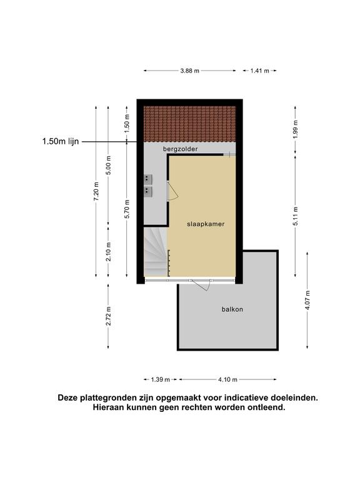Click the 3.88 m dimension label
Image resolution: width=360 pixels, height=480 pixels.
189,71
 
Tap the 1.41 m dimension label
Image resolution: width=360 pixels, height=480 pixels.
259,71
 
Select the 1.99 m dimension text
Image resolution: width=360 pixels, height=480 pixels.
296,129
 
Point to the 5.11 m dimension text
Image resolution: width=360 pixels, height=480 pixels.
296,216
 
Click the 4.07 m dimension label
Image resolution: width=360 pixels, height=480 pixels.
307,300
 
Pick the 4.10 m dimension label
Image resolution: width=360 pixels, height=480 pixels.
227,379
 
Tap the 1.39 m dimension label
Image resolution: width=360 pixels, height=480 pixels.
160,379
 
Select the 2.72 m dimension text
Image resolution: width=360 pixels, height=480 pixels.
108,316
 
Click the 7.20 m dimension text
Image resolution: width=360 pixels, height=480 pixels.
96,192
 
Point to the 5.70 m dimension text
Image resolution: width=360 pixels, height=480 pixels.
127,209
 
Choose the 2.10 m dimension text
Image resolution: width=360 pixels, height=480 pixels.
108,252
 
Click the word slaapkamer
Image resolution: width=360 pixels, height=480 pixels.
206,224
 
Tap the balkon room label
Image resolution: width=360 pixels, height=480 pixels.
232,309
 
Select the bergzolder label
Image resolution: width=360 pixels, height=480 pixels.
180,149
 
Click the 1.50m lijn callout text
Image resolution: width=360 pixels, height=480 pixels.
61,141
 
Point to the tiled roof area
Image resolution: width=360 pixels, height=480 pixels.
190,124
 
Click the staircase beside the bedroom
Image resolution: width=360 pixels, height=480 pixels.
156,252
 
